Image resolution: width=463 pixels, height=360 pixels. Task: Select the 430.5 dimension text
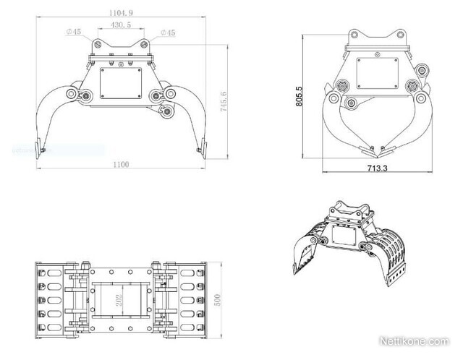pyautogui.click(x=121, y=25)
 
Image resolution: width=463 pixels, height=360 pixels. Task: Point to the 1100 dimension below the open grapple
pyautogui.click(x=120, y=165)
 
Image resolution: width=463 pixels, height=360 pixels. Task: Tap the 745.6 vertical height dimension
pyautogui.click(x=225, y=101)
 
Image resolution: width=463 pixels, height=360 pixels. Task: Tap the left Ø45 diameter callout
pyautogui.click(x=73, y=33)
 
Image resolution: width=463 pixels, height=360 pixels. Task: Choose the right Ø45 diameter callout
pyautogui.click(x=167, y=33)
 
